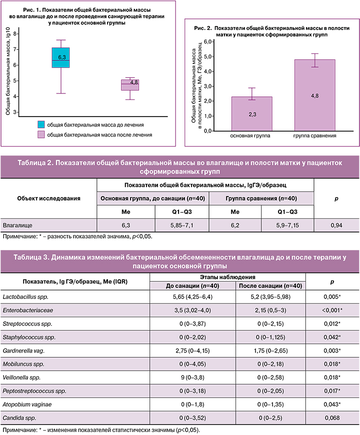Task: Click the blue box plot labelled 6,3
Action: (x=61, y=64)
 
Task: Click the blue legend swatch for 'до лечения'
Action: (x=41, y=123)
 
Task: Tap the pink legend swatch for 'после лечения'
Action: (x=41, y=134)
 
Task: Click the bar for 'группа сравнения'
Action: (x=314, y=95)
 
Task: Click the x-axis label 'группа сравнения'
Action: (x=314, y=136)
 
